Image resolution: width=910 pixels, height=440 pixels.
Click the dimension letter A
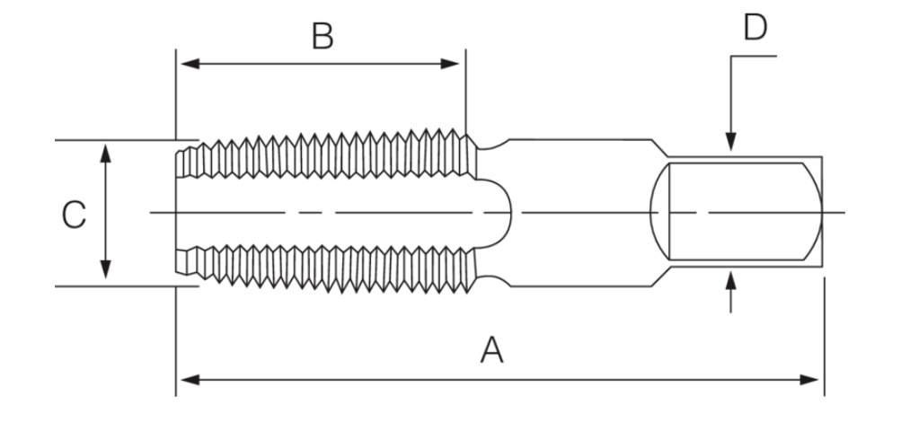click(x=490, y=348)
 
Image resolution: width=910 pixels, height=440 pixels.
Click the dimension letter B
click(x=322, y=37)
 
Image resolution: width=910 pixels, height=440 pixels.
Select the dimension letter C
click(x=74, y=214)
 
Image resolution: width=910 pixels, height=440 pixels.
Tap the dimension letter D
click(x=755, y=28)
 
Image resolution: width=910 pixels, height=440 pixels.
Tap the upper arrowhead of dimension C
click(x=106, y=150)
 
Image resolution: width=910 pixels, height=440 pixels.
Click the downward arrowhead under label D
click(x=731, y=143)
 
